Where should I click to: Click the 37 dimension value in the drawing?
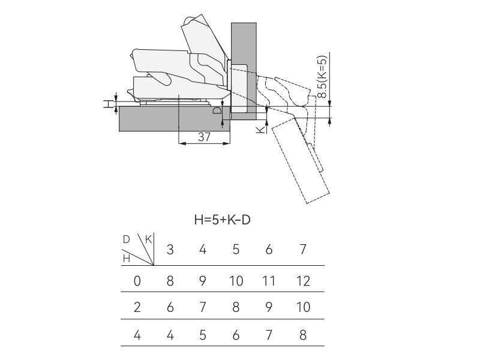(204, 137)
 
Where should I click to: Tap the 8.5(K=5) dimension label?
(322, 78)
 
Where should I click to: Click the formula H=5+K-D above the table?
(222, 220)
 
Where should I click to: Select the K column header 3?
(170, 250)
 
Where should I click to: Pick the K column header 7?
(302, 250)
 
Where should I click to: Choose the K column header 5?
(236, 250)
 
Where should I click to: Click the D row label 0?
(137, 280)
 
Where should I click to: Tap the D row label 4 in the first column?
(137, 335)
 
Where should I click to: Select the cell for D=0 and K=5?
(236, 280)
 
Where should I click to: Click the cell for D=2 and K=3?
(170, 308)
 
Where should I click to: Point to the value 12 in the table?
(302, 280)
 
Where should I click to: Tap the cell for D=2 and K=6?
(269, 308)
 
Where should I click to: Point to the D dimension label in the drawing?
(217, 111)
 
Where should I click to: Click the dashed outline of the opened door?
(300, 162)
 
